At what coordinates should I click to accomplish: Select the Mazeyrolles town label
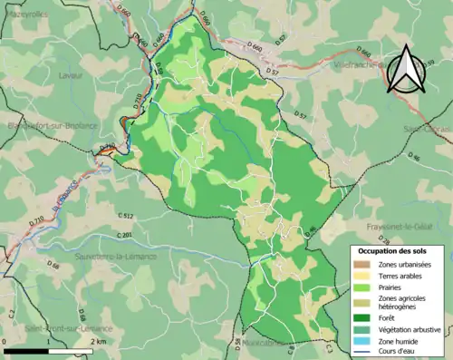coord(27,15)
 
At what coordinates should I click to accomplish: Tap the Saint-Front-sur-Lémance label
coord(68,328)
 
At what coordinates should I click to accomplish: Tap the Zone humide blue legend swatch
coord(359,340)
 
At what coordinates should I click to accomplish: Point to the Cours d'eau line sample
coord(359,351)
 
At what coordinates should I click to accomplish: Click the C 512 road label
coord(125,215)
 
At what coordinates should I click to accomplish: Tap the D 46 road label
coord(414,158)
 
